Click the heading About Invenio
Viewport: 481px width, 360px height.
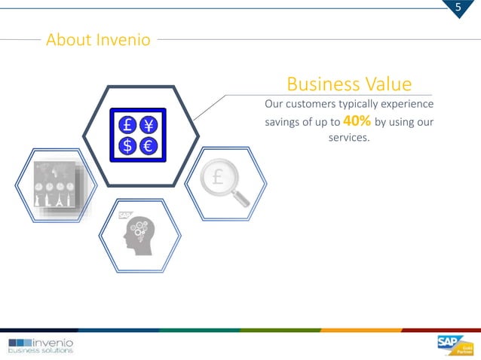[98, 39]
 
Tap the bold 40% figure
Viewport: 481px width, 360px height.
[356, 122]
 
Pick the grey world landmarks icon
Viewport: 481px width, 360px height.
[55, 185]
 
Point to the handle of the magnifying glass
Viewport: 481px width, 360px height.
[241, 198]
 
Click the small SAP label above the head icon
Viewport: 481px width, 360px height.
[126, 215]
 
